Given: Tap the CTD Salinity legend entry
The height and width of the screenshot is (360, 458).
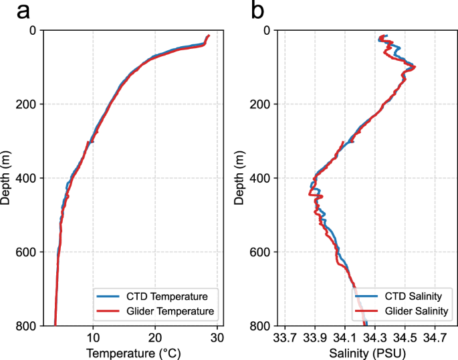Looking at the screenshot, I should tap(403, 295).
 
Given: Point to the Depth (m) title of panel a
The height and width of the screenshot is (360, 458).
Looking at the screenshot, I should tap(7, 177).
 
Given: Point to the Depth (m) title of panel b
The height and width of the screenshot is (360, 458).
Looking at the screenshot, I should tap(240, 177).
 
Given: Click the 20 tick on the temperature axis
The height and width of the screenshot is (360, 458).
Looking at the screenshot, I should tap(155, 337).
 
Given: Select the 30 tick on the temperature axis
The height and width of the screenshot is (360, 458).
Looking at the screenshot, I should tap(217, 337).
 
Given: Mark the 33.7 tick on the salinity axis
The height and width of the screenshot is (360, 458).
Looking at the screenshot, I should tap(285, 337).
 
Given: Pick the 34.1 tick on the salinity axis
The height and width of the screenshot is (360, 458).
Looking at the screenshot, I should tap(345, 337).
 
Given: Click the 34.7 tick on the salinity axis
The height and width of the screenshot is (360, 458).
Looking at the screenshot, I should tap(435, 337).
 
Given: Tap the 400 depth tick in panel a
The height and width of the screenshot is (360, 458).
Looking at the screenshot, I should tap(27, 178).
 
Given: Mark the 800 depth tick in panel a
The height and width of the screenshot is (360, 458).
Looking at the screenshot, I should tap(27, 325).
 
